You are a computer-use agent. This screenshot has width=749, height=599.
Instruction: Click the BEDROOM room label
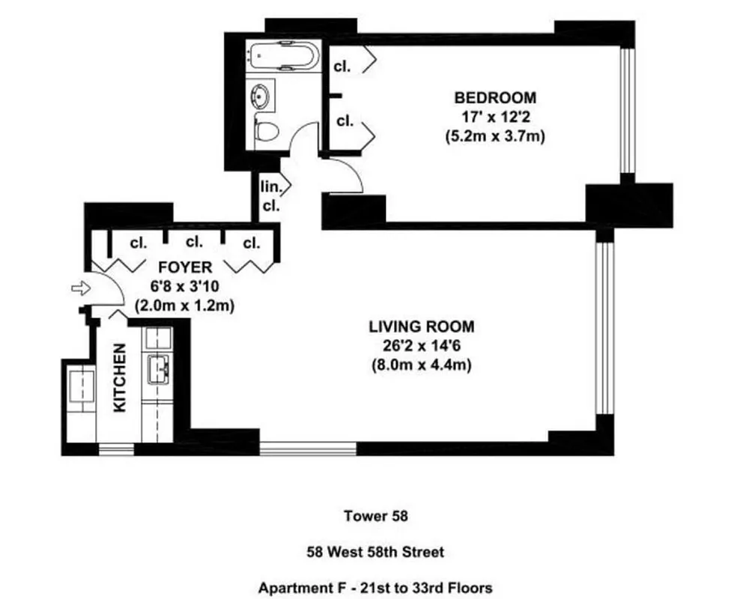pyautogui.click(x=495, y=97)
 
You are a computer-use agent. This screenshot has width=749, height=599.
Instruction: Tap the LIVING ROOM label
pyautogui.click(x=421, y=327)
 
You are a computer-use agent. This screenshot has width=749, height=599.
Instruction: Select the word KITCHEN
pyautogui.click(x=119, y=377)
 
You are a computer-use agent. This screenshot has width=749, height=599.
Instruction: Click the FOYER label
pyautogui.click(x=184, y=267)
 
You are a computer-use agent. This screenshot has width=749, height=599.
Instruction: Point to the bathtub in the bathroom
pyautogui.click(x=284, y=58)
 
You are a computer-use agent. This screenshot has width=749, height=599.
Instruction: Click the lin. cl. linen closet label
pyautogui.click(x=270, y=197)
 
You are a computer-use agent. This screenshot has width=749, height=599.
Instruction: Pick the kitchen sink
pyautogui.click(x=160, y=368)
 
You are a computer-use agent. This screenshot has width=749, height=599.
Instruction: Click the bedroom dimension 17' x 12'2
pyautogui.click(x=495, y=117)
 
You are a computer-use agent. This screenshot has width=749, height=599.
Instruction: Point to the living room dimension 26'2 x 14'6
pyautogui.click(x=421, y=347)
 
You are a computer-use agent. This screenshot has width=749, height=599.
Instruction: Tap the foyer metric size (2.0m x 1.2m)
pyautogui.click(x=184, y=305)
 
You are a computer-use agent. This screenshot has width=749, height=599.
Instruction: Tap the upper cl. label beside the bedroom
pyautogui.click(x=342, y=64)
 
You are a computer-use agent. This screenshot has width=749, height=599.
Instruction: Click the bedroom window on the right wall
pyautogui.click(x=628, y=112)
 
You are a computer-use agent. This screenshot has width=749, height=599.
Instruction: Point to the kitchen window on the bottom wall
pyautogui.click(x=116, y=449)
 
